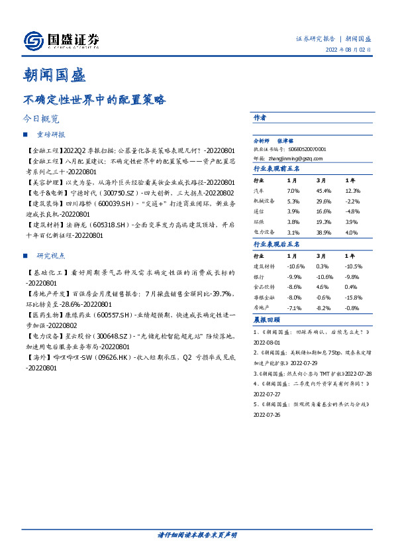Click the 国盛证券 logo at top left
tap(61, 40)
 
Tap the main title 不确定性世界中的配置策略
tap(95, 101)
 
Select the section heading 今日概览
tap(41, 120)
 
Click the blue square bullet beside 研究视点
tap(25, 255)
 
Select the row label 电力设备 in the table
tap(264, 233)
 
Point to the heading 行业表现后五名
tap(277, 244)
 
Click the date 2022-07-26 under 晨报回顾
tap(268, 414)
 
